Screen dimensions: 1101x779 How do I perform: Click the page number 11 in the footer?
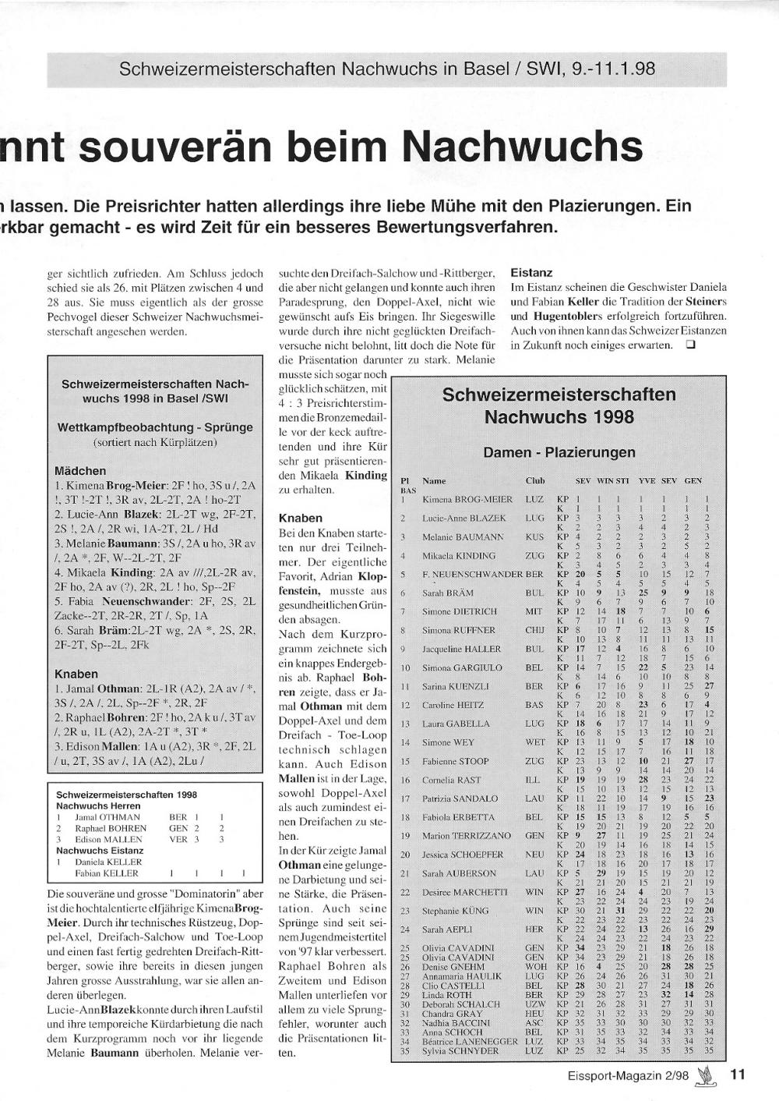click(738, 1074)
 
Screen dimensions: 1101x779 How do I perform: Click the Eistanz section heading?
click(531, 273)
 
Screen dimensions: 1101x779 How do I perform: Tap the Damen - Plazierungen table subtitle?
click(559, 452)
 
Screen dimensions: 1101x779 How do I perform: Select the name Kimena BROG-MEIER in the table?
click(467, 499)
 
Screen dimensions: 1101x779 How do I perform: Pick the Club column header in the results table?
click(535, 481)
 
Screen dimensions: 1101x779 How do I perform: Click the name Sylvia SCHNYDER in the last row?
click(460, 1050)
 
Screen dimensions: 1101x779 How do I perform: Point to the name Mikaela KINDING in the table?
click(459, 556)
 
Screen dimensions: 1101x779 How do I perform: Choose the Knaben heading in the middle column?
click(300, 518)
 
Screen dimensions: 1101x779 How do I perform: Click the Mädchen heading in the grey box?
click(80, 471)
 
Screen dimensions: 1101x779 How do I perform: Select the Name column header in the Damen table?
click(434, 481)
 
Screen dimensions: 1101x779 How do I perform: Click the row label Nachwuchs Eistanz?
click(100, 851)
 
